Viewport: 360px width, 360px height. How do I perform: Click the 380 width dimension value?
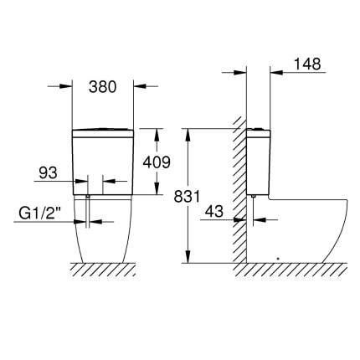[102, 86]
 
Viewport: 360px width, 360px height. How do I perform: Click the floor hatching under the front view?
[102, 269]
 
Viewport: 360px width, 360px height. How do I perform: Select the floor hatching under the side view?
[293, 269]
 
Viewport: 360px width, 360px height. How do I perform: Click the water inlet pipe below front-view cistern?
[87, 209]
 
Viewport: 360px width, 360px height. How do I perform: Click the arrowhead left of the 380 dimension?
[66, 86]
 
